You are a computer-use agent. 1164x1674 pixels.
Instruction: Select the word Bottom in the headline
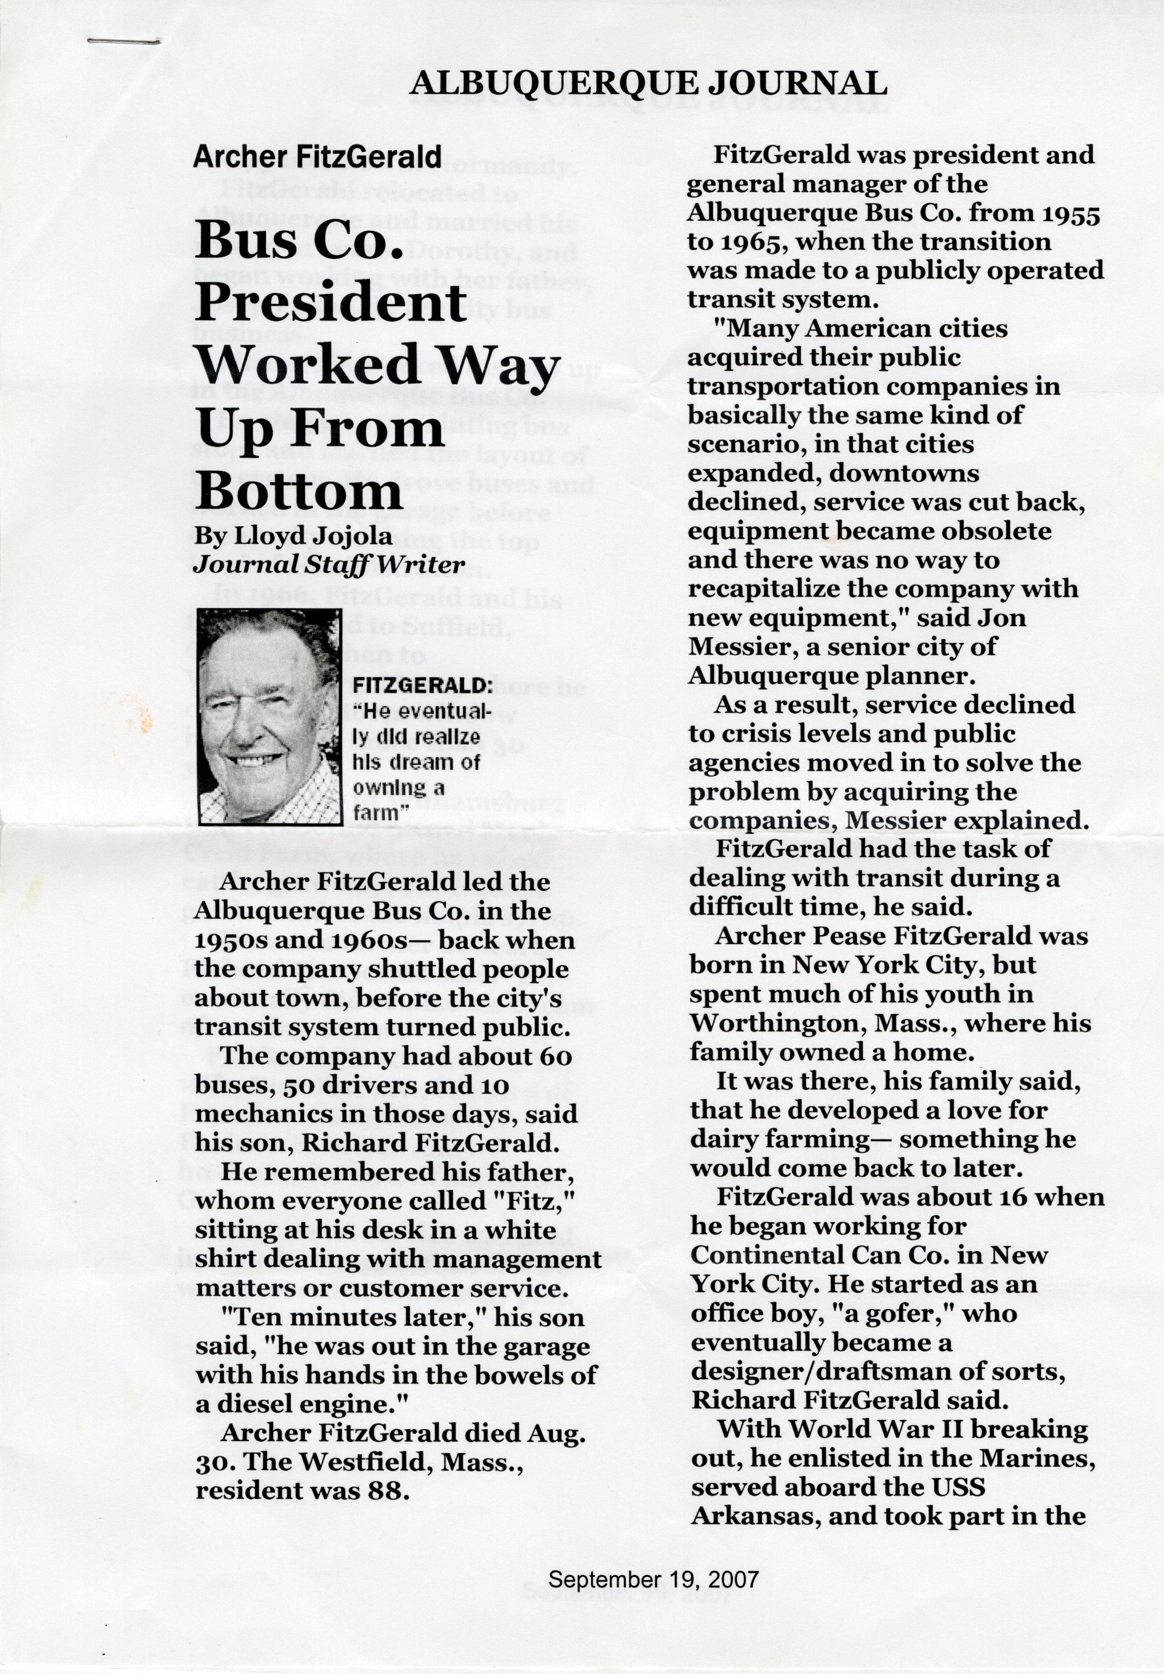[299, 493]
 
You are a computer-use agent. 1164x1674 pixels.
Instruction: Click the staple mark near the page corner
[123, 41]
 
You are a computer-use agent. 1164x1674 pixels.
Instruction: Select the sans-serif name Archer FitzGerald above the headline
[317, 157]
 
